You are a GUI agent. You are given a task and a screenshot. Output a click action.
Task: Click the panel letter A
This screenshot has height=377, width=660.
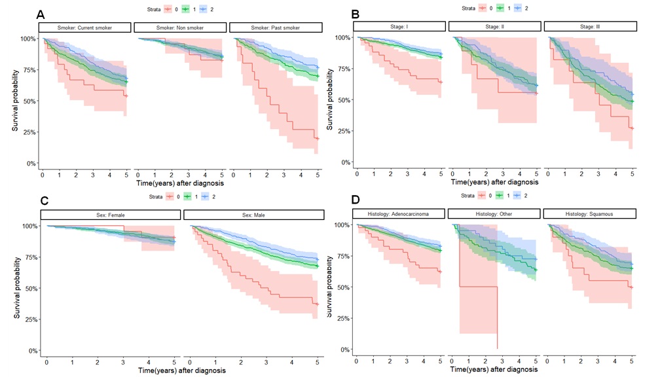tap(41, 14)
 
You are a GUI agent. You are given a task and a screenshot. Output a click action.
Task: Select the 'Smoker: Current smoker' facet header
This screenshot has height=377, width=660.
tap(85, 27)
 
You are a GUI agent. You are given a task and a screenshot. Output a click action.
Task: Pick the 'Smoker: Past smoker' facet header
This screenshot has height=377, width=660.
tap(275, 27)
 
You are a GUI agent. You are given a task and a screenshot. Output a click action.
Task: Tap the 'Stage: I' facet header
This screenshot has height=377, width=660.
tap(399, 26)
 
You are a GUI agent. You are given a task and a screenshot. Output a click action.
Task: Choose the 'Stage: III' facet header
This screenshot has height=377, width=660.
tap(590, 26)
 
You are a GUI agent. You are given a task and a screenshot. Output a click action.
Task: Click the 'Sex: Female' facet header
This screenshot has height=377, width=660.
tap(109, 215)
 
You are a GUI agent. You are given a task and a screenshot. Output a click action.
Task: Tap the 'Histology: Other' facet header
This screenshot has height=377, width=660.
tap(494, 213)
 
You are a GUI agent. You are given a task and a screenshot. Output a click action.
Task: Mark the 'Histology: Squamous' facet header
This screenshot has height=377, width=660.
tap(590, 213)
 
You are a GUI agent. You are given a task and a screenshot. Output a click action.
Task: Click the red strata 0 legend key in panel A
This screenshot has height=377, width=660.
tap(167, 9)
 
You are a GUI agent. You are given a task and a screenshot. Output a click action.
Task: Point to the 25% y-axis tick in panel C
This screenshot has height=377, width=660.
tap(29, 319)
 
